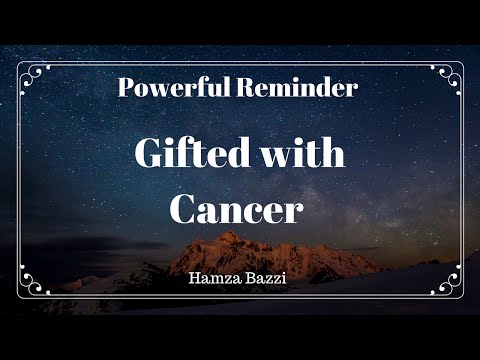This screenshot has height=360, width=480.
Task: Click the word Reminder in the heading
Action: [298, 87]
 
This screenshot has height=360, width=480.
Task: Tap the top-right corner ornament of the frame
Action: [450, 75]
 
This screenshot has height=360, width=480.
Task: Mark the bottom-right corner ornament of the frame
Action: [450, 285]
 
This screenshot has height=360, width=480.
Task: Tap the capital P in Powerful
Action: [126, 87]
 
